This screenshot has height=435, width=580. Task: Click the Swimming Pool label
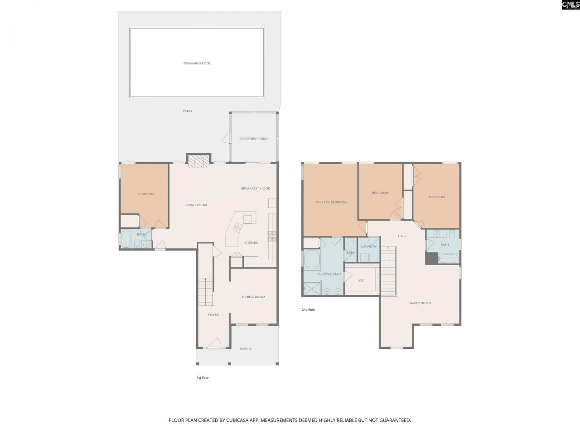(x=197, y=63)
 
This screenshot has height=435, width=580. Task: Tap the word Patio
(x=187, y=111)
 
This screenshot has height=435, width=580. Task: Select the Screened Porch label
(x=254, y=139)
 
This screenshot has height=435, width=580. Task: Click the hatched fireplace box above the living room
(x=199, y=161)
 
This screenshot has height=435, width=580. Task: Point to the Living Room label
(x=196, y=205)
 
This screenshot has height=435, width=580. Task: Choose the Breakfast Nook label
(x=256, y=188)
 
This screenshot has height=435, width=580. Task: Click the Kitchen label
(x=251, y=243)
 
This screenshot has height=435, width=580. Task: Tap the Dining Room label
(x=254, y=297)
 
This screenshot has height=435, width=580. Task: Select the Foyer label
(x=213, y=315)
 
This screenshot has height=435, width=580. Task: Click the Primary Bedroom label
(x=331, y=203)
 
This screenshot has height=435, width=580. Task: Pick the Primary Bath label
(x=329, y=274)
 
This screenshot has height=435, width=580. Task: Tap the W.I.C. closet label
(x=361, y=281)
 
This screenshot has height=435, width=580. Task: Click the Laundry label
(x=369, y=246)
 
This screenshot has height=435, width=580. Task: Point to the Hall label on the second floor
(x=402, y=236)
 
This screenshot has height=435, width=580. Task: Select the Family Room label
(x=420, y=303)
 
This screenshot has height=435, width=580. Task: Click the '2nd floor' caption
(x=308, y=310)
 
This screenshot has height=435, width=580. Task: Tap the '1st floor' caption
(x=202, y=377)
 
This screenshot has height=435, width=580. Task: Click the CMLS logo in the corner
(x=570, y=5)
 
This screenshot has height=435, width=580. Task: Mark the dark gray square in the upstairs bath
(x=431, y=258)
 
